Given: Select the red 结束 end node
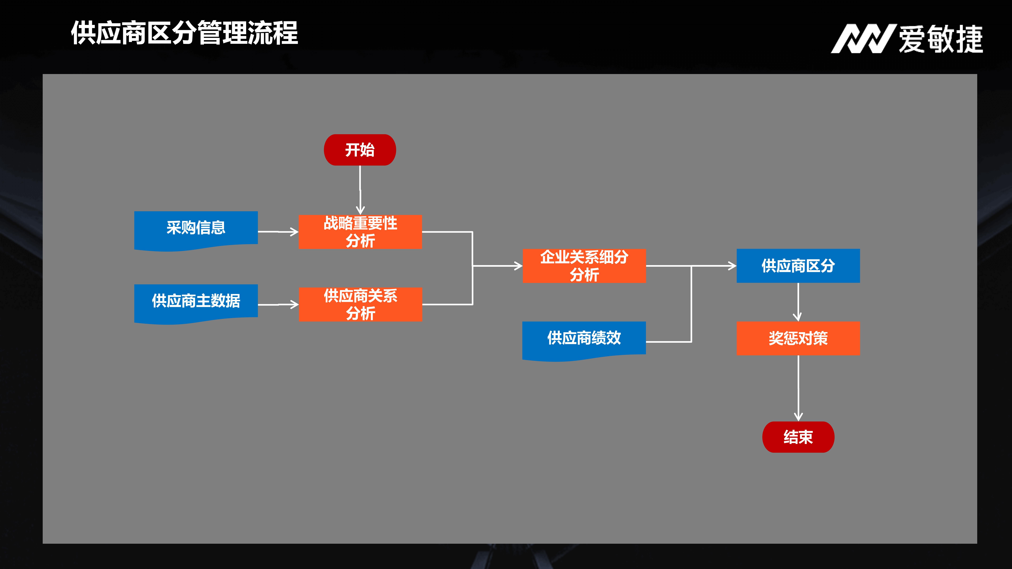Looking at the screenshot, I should [x=798, y=437].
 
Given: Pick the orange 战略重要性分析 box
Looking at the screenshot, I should [x=360, y=232].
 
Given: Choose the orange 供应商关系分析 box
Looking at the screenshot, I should [x=360, y=304].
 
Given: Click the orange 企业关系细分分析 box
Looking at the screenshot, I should [x=584, y=266].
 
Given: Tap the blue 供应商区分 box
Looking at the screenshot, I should [x=798, y=266].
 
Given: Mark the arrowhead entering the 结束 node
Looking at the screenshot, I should [x=798, y=416].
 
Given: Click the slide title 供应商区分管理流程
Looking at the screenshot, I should [x=184, y=33].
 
